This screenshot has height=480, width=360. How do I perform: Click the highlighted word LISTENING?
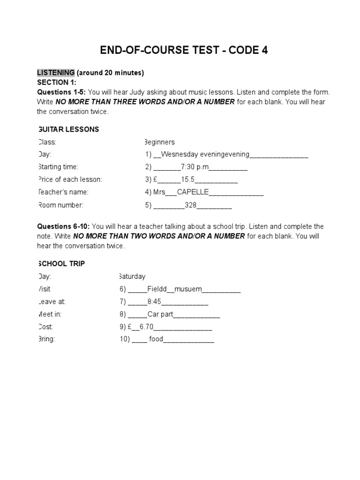point(56,73)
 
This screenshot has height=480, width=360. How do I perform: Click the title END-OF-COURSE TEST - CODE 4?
point(184,51)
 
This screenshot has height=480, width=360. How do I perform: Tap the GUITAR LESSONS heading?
point(68,129)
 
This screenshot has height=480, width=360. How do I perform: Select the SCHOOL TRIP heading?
point(61,264)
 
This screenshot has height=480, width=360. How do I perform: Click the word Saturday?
point(132,277)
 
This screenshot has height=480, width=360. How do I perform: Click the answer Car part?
point(160,315)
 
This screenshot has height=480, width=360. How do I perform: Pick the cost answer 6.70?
point(146,327)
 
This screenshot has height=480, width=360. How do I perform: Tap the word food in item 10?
point(156,340)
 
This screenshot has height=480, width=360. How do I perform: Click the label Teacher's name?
point(63,192)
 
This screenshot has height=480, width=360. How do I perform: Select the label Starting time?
point(58,167)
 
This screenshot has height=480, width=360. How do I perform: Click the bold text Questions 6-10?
point(63,226)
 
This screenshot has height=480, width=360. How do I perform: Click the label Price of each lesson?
point(69,180)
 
